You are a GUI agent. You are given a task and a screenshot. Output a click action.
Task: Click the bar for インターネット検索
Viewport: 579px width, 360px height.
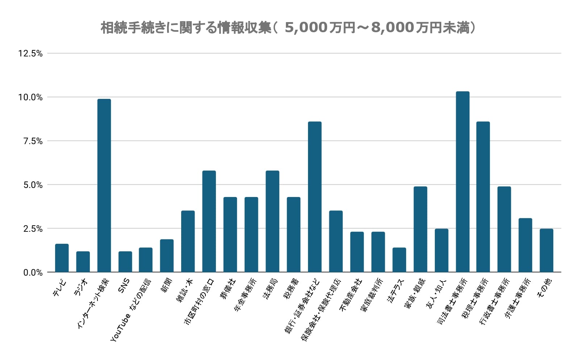point(104,185)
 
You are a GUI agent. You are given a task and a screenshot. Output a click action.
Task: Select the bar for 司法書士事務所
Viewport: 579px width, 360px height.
point(463,182)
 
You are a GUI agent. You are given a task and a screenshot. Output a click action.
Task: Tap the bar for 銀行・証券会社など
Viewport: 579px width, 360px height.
point(315,197)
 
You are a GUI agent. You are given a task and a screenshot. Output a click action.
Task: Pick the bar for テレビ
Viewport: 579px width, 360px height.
point(62,258)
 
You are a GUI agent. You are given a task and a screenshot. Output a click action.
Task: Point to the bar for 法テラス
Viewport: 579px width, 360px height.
point(399,260)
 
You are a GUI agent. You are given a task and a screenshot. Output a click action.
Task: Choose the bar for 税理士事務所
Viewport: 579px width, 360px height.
point(483,197)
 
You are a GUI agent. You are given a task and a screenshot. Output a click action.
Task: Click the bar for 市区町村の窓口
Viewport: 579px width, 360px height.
point(209,221)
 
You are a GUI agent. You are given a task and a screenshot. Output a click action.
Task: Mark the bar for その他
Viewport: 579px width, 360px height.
point(546,250)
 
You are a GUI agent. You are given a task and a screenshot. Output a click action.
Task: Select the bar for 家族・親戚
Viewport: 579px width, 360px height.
point(420,229)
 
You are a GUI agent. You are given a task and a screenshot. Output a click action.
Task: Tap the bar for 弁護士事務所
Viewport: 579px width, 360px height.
point(525,245)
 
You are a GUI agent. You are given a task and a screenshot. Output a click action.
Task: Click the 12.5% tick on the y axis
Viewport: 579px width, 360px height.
point(30,54)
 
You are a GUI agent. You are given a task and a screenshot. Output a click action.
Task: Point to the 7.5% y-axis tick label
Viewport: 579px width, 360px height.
point(33,141)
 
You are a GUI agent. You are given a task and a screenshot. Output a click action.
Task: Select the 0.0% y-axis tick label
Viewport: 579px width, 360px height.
point(33,273)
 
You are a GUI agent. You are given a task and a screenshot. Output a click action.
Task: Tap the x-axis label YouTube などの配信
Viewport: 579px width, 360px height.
point(131,310)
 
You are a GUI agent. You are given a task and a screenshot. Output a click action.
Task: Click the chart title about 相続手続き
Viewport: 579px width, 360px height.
point(288,28)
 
